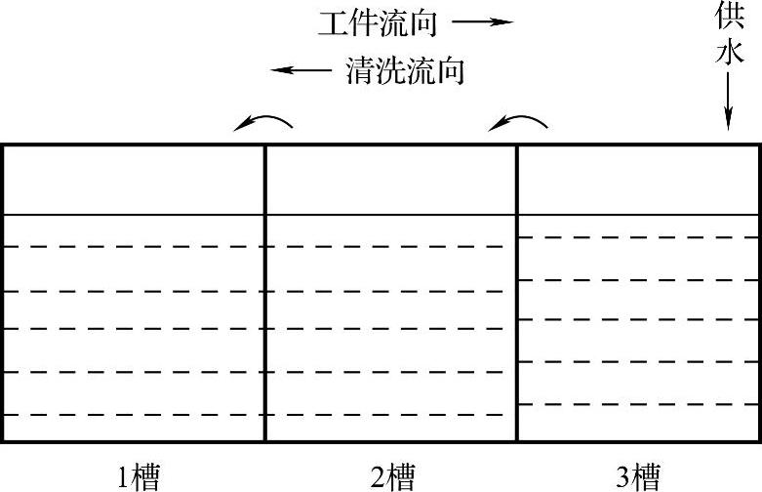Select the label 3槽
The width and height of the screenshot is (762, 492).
pyautogui.click(x=638, y=477)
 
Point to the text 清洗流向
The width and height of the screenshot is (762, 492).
pyautogui.click(x=404, y=71)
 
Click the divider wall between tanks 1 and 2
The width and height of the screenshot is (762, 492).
pyautogui.click(x=265, y=293)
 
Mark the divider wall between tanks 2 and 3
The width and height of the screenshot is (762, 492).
pyautogui.click(x=516, y=293)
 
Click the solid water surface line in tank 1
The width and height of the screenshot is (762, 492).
pyautogui.click(x=133, y=215)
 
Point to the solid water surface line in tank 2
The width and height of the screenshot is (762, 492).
pyautogui.click(x=390, y=215)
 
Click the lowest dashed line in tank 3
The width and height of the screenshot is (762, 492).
pyautogui.click(x=638, y=403)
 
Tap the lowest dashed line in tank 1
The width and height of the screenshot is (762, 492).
pyautogui.click(x=133, y=416)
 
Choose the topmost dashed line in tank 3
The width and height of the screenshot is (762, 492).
pyautogui.click(x=638, y=237)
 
